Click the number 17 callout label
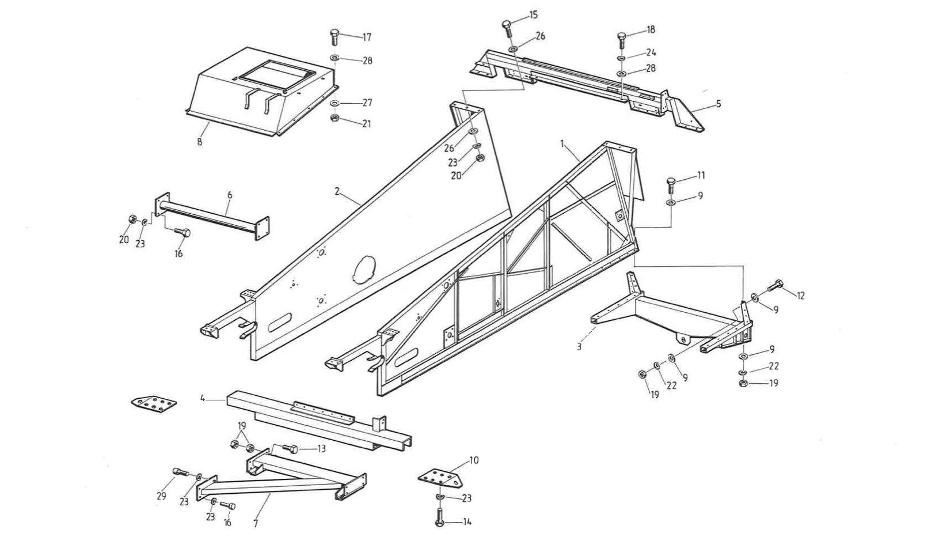367,37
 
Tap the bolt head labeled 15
507,25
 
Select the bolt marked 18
622,39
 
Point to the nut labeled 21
334,118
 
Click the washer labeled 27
334,103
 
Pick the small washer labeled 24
622,58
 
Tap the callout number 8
200,142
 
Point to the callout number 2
337,191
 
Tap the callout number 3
579,347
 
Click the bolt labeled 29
180,473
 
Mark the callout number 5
718,104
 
